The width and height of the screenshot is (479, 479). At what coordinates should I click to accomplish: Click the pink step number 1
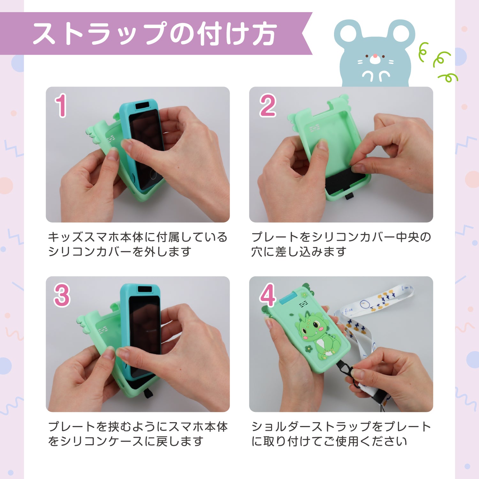(x=61, y=105)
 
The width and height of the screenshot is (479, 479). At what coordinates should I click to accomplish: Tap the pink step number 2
(x=268, y=105)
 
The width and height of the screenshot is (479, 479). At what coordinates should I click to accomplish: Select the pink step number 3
(x=62, y=295)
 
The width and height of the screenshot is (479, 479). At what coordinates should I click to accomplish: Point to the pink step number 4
(x=268, y=295)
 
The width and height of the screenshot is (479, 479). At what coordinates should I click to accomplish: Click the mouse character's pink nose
(x=375, y=56)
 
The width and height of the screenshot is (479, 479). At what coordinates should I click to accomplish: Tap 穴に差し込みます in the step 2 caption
(x=299, y=252)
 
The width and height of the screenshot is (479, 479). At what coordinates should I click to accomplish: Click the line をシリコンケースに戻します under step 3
(x=125, y=441)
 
